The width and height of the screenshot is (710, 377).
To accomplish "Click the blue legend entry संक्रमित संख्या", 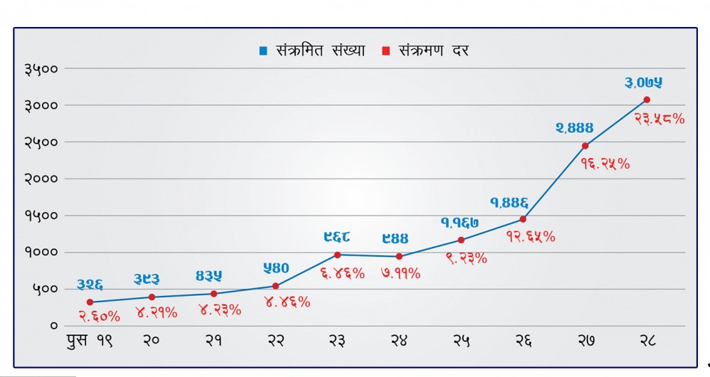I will point(312,51).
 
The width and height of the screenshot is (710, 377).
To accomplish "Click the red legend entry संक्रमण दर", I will point(425,51).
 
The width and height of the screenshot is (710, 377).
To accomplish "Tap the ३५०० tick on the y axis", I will point(41,69).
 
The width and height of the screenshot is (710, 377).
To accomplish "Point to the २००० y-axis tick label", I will point(41,179).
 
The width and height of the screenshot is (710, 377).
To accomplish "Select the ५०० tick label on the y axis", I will point(45,289).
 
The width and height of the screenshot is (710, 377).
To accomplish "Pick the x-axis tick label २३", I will point(337,341).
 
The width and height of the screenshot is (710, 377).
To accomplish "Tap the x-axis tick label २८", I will point(647,341).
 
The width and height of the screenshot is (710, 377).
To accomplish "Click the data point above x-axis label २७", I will point(585,146).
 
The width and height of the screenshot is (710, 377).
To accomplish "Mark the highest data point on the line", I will point(647,100).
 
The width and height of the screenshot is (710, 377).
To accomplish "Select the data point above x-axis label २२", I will point(275,286).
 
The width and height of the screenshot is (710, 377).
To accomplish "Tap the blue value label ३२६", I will point(90,285).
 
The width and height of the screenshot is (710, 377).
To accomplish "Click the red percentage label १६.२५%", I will point(605,164).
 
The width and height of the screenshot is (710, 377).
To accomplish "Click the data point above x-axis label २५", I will point(461,240).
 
